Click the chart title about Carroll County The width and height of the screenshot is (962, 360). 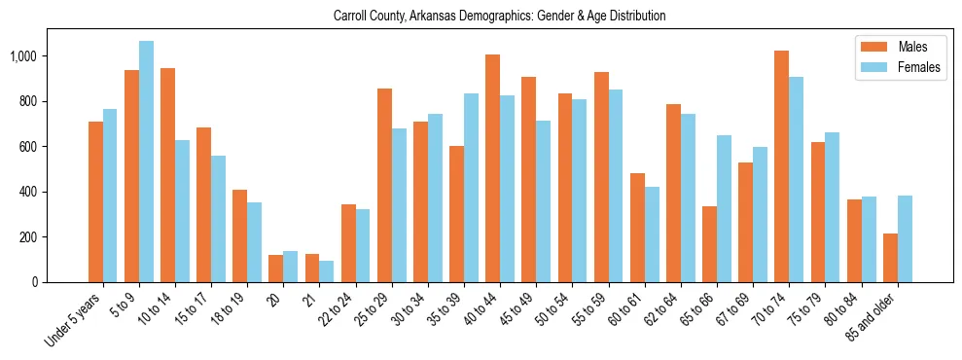499,17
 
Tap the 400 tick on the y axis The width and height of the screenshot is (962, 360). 29,192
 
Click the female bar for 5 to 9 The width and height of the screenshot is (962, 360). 146,162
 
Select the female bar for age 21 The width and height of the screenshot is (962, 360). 326,271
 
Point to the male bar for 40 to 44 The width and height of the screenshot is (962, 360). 492,168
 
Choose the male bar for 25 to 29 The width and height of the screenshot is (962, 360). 384,185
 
